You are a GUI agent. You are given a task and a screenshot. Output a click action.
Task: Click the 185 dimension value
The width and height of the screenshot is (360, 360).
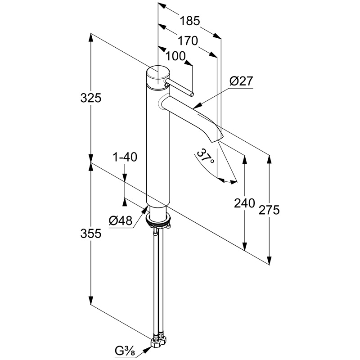coord(189,21)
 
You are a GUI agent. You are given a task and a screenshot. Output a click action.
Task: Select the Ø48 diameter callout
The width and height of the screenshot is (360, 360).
coord(120,220)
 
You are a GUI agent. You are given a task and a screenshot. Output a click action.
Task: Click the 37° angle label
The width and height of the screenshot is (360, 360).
coord(205,158)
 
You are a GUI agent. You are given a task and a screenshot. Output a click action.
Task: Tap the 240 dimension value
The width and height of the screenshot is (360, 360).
coord(244,203)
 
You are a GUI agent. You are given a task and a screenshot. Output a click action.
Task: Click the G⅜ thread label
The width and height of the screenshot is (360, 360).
coord(126,351)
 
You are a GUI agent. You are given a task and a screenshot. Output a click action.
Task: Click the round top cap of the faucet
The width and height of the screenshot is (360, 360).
coord(158,73)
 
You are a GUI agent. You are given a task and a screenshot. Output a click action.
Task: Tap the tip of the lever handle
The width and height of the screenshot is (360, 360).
coord(192,94)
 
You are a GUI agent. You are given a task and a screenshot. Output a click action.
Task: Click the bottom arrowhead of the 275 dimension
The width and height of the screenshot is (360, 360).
coord(270,261)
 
